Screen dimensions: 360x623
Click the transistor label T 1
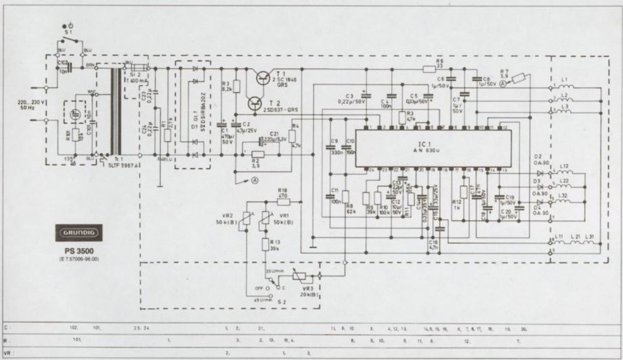coord(281,72)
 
